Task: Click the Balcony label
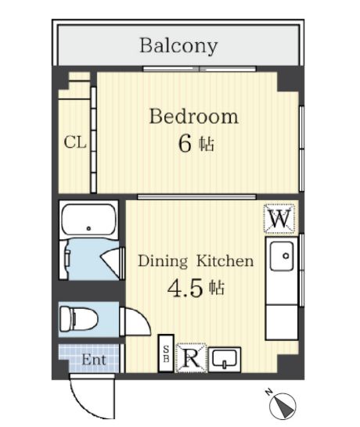[178, 45]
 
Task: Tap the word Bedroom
[194, 117]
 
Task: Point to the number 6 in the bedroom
[185, 144]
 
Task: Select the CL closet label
[75, 142]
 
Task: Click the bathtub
[88, 220]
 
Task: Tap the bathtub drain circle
[88, 228]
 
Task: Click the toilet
[78, 318]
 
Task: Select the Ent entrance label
[94, 360]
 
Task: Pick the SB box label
[166, 353]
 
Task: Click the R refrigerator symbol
[192, 358]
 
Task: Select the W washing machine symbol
[279, 219]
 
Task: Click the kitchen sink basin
[282, 256]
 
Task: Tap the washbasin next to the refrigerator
[225, 360]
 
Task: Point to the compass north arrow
[283, 405]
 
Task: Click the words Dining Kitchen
[196, 261]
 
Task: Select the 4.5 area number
[185, 289]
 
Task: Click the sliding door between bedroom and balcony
[200, 69]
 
